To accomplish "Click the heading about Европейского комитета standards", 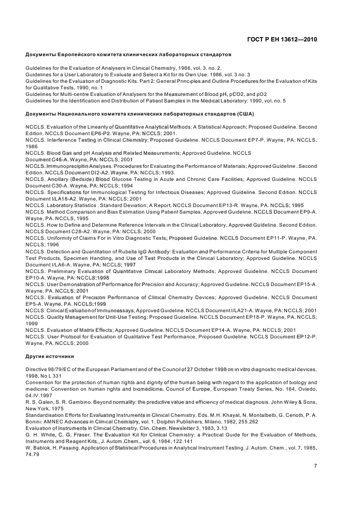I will coord(129,55).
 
